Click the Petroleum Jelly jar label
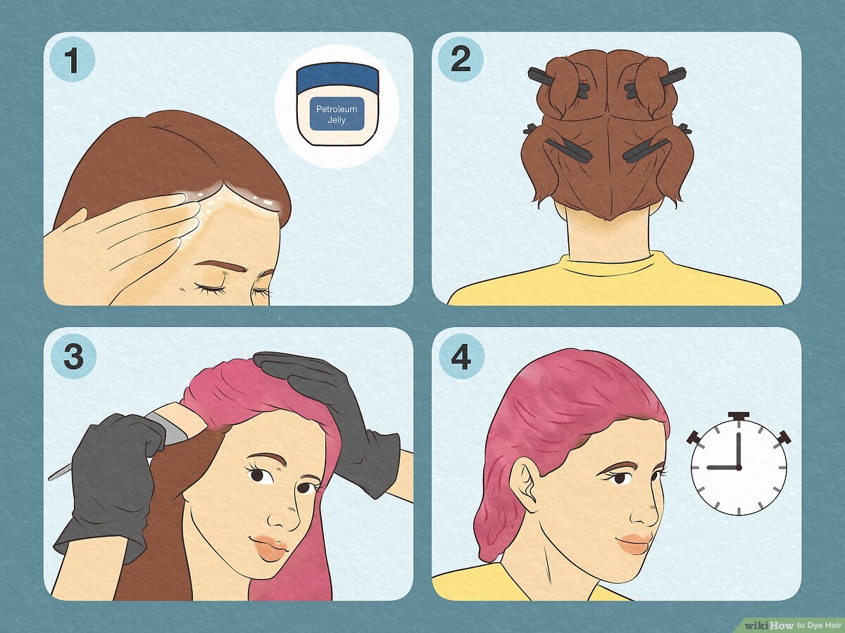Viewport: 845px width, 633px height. (x=337, y=115)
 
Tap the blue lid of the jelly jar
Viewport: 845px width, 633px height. (x=337, y=79)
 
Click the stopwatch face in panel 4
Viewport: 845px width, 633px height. (x=739, y=467)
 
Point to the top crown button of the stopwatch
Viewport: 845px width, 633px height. (x=739, y=416)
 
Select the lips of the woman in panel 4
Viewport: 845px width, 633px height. (x=634, y=543)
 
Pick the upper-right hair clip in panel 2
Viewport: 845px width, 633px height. (x=656, y=82)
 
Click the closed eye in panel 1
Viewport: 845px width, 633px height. (x=211, y=287)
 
